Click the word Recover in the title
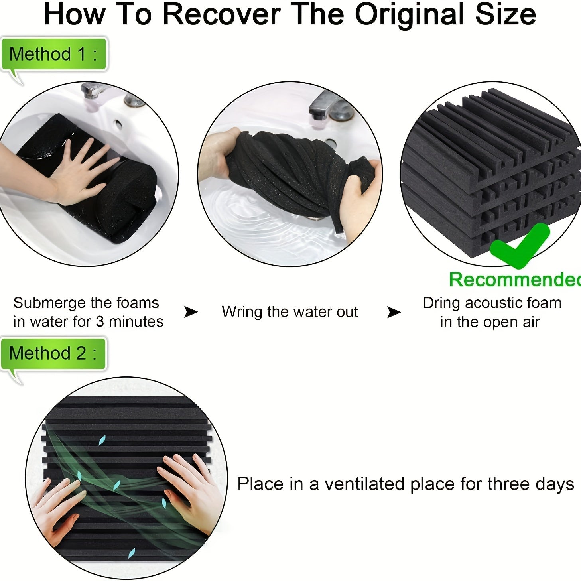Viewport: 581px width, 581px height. click(x=222, y=14)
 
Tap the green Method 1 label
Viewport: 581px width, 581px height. click(x=54, y=54)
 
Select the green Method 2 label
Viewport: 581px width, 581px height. click(x=53, y=353)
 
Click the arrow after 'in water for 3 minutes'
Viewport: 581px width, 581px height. click(x=191, y=312)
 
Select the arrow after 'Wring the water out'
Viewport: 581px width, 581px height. click(x=394, y=312)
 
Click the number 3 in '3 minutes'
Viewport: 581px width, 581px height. click(x=100, y=322)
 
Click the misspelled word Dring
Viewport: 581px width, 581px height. click(x=442, y=303)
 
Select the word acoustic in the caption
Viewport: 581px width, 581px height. click(x=496, y=303)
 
